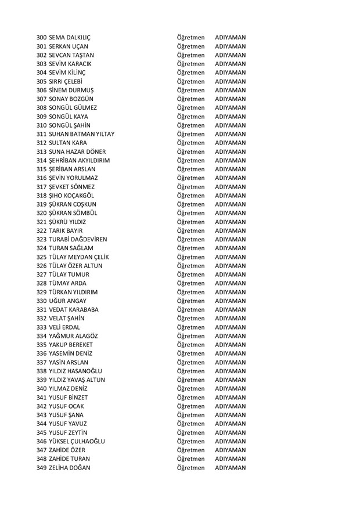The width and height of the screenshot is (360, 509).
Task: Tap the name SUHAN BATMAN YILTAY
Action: (81, 134)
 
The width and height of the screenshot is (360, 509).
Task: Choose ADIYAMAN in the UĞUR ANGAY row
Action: (230, 301)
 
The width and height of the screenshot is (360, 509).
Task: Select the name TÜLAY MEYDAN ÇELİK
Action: (78, 257)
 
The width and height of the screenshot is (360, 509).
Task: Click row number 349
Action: (41, 468)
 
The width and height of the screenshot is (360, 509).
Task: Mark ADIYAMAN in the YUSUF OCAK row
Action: (230, 406)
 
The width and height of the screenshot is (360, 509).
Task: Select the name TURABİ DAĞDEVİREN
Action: (78, 240)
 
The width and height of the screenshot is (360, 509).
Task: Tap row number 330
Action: (41, 301)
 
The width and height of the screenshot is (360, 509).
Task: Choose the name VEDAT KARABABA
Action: (73, 310)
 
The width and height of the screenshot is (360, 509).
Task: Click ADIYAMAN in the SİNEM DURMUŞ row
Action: (230, 90)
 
